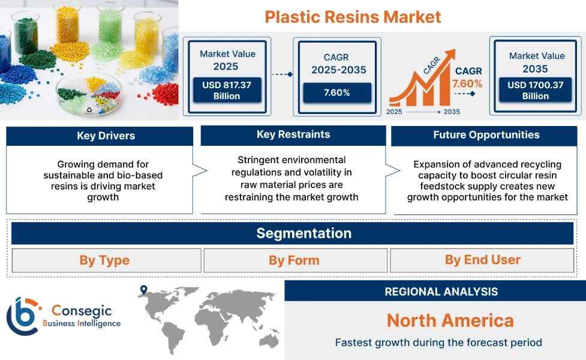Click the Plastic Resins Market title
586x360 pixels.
coord(353,16)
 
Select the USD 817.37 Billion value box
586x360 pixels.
coord(226,91)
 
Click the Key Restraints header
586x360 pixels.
coord(293,134)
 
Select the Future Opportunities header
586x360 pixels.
coord(486,135)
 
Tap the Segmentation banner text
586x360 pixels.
coord(303,233)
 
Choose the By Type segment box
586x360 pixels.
coord(104,260)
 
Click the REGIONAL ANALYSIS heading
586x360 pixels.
coord(441,292)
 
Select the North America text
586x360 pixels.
coord(450,320)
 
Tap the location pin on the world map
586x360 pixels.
coord(143,290)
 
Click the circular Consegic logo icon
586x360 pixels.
coord(23,315)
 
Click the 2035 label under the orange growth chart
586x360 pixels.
coord(452,112)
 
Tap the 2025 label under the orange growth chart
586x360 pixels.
coord(395,112)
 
